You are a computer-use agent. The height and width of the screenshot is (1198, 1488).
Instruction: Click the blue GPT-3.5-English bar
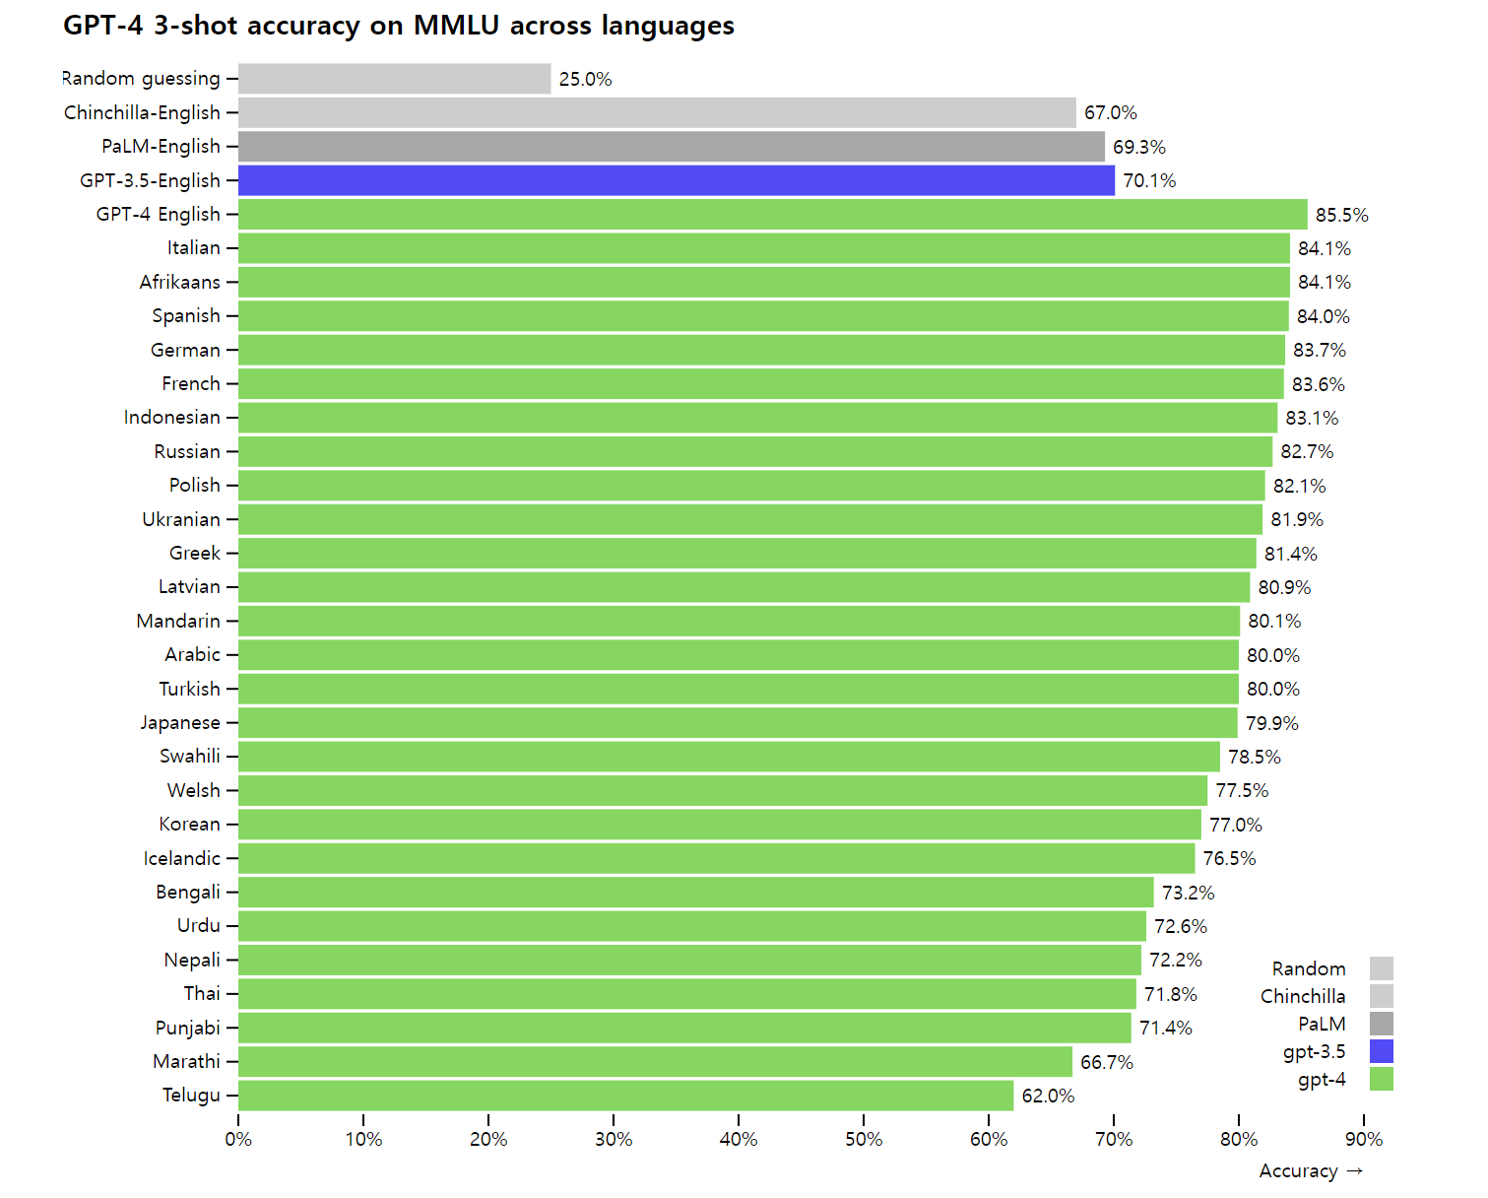click(x=676, y=180)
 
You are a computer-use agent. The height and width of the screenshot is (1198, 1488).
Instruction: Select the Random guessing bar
click(x=394, y=79)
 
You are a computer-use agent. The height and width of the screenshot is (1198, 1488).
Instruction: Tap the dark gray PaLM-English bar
click(x=671, y=147)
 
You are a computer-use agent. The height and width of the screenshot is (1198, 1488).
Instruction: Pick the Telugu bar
click(x=625, y=1096)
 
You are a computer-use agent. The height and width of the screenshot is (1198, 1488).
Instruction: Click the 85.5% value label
click(x=1341, y=215)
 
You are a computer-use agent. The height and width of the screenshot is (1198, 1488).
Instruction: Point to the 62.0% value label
click(x=1048, y=1096)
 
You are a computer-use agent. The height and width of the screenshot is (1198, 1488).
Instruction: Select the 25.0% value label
click(x=585, y=79)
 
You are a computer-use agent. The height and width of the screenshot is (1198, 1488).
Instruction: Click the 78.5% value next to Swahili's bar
click(x=1254, y=757)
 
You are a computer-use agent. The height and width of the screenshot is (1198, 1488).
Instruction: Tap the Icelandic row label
click(x=182, y=858)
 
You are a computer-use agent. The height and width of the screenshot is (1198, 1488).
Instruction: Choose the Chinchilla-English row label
click(x=142, y=112)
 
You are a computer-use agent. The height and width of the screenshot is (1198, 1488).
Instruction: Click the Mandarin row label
click(x=178, y=621)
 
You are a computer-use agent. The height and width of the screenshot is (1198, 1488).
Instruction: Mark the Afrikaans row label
click(x=180, y=282)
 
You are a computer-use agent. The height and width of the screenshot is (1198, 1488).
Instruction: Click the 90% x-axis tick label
click(x=1364, y=1139)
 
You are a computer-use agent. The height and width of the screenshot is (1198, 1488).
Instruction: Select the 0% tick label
click(x=238, y=1139)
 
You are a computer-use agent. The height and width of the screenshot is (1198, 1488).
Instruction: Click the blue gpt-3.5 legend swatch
click(x=1381, y=1051)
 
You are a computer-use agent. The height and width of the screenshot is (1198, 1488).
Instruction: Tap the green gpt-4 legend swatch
click(x=1381, y=1079)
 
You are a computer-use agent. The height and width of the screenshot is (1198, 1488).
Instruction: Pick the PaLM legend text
click(x=1322, y=1024)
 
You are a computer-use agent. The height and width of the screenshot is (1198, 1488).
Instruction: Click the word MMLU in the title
click(x=456, y=26)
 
